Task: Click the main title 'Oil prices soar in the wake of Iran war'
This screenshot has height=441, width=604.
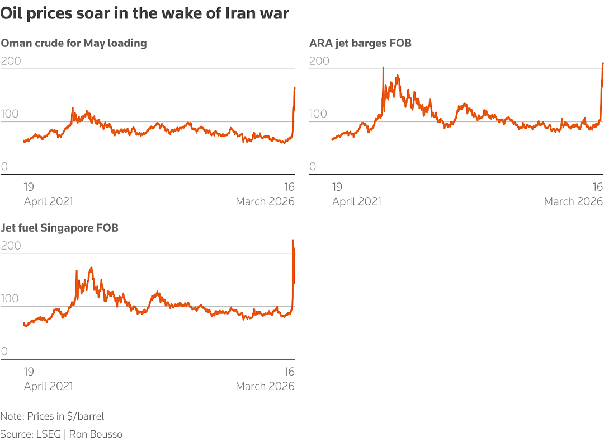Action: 144,13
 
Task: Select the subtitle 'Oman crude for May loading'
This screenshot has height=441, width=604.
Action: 74,43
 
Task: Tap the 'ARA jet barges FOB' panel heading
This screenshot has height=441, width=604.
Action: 360,43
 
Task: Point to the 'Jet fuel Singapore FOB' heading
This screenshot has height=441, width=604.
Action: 59,228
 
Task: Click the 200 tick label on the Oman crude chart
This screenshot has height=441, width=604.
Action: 11,61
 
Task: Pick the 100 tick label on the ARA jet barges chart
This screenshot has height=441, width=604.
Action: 318,114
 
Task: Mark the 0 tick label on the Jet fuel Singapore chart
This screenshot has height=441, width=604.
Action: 4,351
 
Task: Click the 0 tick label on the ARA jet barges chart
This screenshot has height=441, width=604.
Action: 313,167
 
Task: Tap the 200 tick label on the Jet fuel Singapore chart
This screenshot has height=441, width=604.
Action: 11,246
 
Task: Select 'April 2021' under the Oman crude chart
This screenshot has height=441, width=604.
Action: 49,201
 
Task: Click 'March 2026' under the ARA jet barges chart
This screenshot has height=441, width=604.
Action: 573,201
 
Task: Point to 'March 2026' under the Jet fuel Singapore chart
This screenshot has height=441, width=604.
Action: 265,386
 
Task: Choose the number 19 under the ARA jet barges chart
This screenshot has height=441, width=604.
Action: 337,187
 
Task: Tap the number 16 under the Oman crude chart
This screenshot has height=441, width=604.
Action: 289,187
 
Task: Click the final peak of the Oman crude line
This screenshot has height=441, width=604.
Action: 295,88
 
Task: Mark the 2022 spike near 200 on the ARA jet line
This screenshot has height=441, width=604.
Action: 383,68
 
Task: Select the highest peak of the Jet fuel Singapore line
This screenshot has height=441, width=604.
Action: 293,241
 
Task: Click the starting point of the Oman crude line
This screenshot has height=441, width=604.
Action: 24,141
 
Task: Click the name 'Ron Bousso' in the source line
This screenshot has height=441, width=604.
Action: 96,434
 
